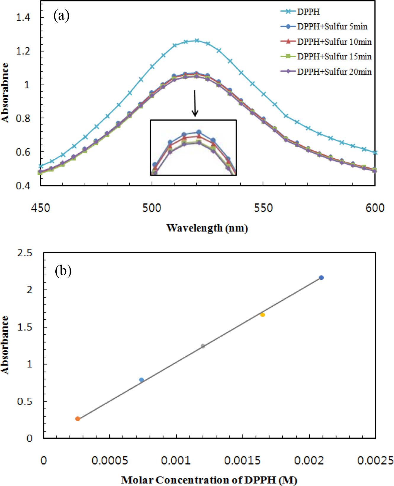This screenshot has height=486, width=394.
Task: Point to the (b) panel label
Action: (x=63, y=271)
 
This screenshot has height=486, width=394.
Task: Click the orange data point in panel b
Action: (x=78, y=419)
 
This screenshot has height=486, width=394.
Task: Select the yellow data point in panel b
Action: (x=263, y=315)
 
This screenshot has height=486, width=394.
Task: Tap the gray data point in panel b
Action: (x=203, y=346)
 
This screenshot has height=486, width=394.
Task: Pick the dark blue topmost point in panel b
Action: (x=321, y=278)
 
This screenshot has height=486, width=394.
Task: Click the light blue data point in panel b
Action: (x=141, y=380)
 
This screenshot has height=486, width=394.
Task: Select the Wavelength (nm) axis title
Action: (x=207, y=228)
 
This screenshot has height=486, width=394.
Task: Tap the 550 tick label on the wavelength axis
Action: (x=263, y=208)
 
